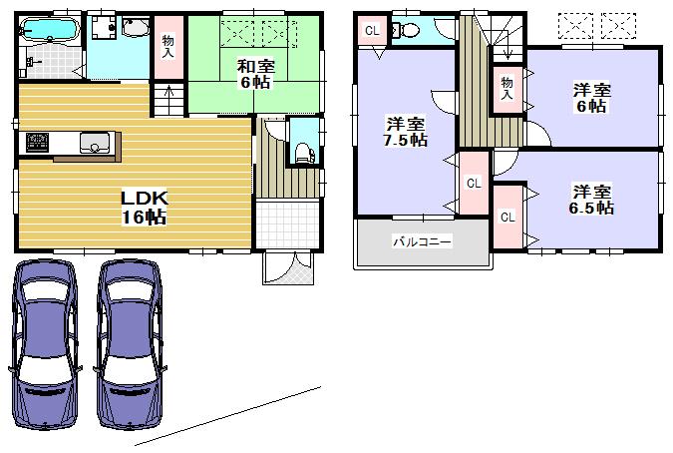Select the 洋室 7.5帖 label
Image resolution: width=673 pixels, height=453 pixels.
click(407, 132)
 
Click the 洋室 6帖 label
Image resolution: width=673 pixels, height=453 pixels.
click(591, 98)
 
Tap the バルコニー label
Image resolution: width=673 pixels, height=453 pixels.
click(421, 241)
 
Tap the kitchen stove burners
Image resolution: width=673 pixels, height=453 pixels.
click(38, 143)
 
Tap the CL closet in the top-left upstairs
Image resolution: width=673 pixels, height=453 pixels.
click(372, 30)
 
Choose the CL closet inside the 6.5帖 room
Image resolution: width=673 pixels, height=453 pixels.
click(506, 216)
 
